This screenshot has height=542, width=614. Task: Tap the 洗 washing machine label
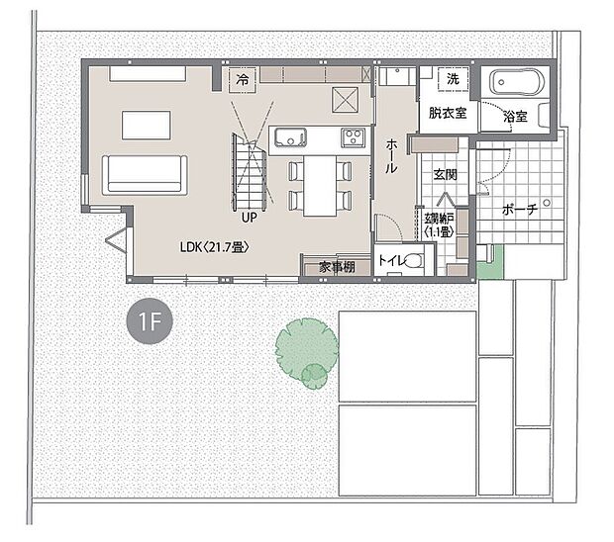[453, 78]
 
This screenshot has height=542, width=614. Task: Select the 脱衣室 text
[448, 113]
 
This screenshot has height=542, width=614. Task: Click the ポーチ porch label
[520, 211]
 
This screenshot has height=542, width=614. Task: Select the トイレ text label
[391, 262]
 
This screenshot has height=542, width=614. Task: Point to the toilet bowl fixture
[417, 262]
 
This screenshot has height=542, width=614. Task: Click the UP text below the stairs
[248, 216]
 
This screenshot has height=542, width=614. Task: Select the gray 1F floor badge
[150, 321]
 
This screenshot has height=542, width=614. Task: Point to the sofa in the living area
[145, 174]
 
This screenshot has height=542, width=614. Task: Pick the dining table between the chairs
[319, 185]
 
